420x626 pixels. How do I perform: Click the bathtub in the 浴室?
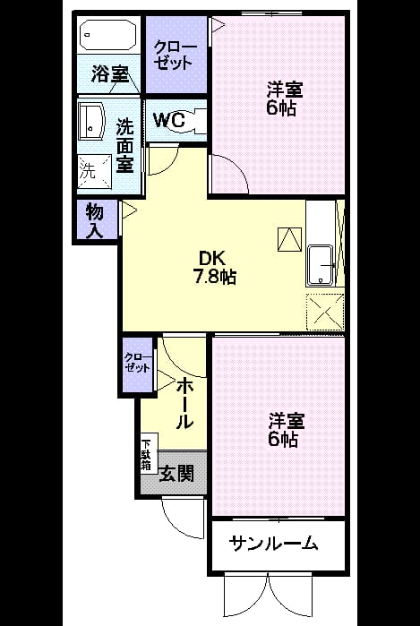tap(108, 34)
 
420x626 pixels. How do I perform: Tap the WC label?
tap(169, 120)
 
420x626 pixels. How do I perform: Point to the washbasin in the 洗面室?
tap(91, 122)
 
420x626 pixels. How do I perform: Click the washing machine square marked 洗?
tap(94, 171)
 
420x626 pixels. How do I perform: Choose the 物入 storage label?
tap(95, 221)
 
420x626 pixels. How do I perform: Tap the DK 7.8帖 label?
tap(214, 268)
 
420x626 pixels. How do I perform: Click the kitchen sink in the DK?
tap(320, 265)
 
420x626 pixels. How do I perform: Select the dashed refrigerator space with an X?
tap(325, 312)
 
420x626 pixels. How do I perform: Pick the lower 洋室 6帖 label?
tap(286, 430)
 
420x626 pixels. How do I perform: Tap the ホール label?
tap(185, 404)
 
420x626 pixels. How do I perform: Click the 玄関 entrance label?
tap(176, 475)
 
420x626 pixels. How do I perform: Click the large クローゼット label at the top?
tap(176, 56)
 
